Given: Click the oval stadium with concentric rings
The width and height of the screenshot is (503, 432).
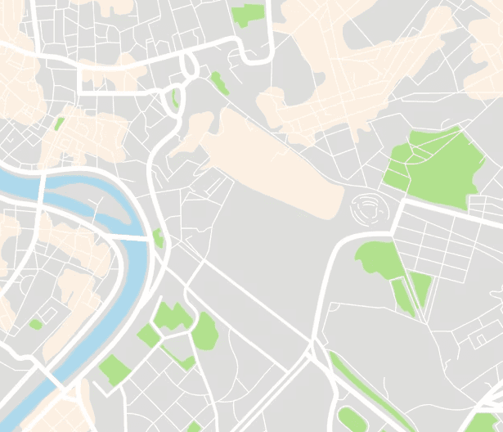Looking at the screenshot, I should point(367,209).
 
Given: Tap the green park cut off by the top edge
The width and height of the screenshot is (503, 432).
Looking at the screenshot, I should point(248,14).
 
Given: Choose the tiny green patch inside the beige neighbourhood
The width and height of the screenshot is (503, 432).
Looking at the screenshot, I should point(59,124).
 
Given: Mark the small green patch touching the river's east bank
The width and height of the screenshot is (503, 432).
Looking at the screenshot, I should point(158,239).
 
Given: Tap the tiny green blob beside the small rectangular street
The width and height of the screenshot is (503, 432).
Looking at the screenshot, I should point(35,325).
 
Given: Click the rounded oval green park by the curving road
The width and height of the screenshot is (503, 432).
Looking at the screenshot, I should point(204,331).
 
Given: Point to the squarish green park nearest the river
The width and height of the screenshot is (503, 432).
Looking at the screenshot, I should point(114,370).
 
